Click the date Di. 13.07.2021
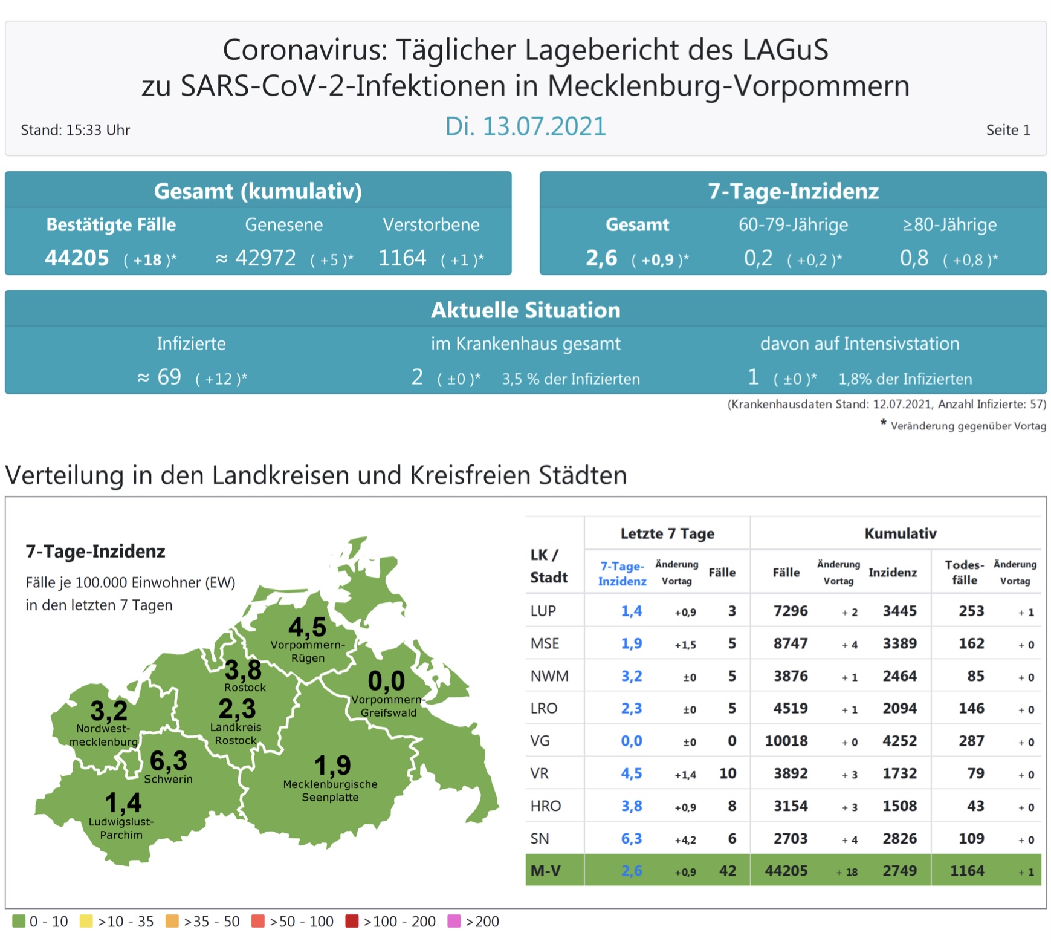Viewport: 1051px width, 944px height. pos(525,126)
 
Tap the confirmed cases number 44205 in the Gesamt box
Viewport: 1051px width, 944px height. pos(77,258)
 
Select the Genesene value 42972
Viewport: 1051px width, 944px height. pos(265,258)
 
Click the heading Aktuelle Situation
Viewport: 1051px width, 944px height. pos(525,310)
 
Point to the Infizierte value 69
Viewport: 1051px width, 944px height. pos(169,377)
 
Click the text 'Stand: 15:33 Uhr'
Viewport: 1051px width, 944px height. pos(76,130)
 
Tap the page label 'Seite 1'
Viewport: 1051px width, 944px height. pos(1007,130)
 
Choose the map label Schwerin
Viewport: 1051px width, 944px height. pos(168,779)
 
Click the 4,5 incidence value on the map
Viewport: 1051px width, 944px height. pos(307,627)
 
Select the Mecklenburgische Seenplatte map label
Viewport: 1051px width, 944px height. pos(330,790)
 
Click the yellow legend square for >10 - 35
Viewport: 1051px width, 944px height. pos(86,921)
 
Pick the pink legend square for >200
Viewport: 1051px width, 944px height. pos(454,921)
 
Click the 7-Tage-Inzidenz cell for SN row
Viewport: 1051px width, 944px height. pos(631,839)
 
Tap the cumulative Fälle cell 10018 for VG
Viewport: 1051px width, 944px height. pos(786,741)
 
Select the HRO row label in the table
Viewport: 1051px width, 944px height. pos(545,806)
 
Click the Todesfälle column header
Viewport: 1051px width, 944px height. pos(964,572)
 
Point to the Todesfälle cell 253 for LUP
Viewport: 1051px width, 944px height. pos(971,611)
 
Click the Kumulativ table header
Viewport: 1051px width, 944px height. pos(900,533)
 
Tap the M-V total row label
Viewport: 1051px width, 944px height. pos(545,871)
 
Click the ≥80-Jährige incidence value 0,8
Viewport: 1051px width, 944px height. pos(914,258)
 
